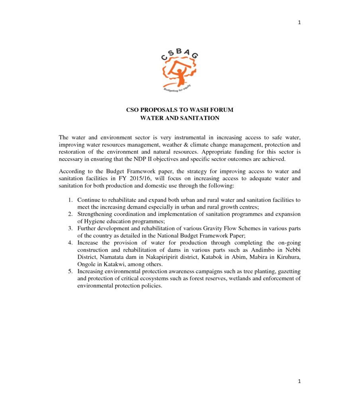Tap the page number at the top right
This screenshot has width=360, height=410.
[299, 22]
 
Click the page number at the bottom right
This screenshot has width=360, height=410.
[299, 381]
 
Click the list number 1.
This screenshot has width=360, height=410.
[70, 200]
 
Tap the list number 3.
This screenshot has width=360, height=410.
[70, 229]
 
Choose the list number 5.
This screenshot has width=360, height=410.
[70, 271]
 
